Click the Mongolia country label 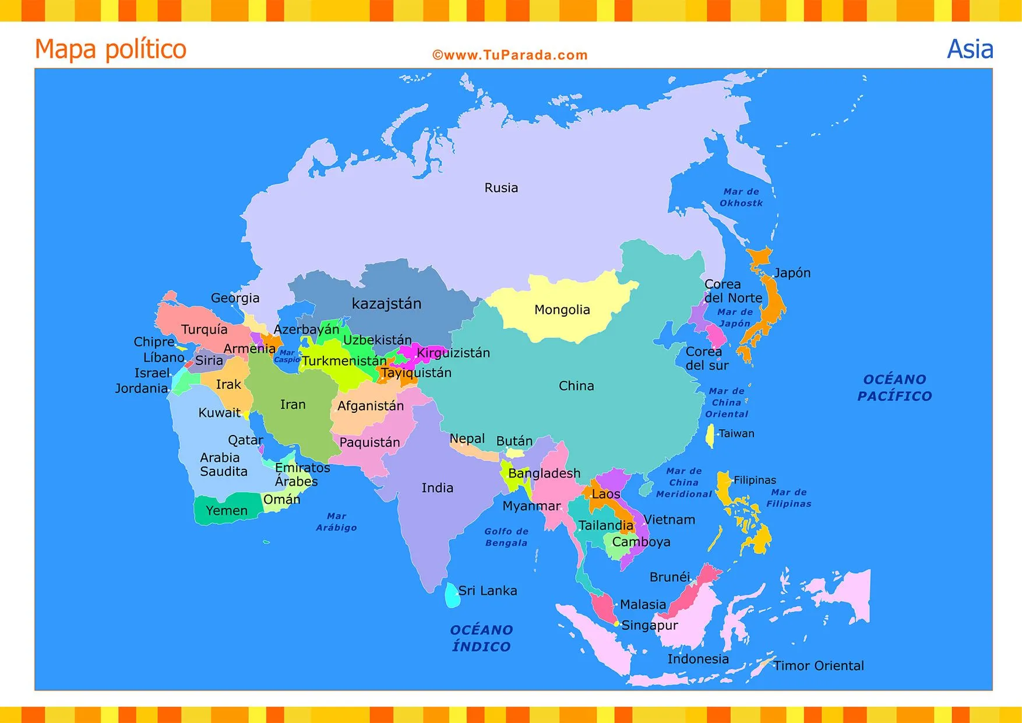coord(562,310)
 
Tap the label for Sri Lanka coord(487,591)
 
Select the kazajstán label coord(386,304)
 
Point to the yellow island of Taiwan coord(710,436)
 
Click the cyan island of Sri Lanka coord(452,595)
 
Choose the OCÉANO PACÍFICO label coord(894,388)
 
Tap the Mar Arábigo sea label coord(336,522)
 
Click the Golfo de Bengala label coord(506,537)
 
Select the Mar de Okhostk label coord(741,197)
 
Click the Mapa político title coord(111,49)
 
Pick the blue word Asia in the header coord(970,49)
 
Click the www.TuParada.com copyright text coord(510,55)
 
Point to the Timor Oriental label coord(818,666)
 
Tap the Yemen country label coord(227,511)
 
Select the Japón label coord(792,273)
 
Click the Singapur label coord(650,626)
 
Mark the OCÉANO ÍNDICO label coord(481,638)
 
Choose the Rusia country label coord(501,188)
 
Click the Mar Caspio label coord(287,356)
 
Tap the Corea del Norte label coord(733,291)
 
